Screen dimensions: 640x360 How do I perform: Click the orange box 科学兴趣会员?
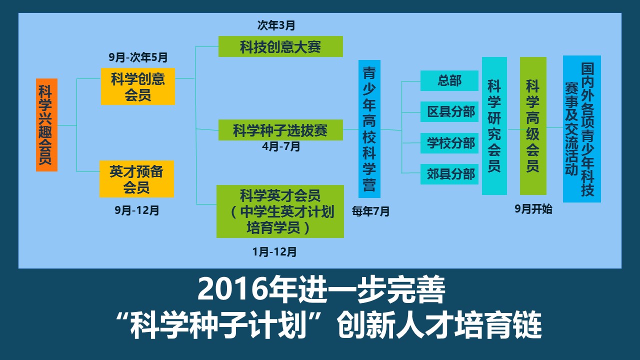click(x=46, y=125)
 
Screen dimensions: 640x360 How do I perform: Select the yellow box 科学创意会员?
click(x=137, y=86)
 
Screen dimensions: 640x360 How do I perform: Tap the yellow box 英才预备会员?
click(x=136, y=179)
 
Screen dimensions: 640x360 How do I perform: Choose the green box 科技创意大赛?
click(x=280, y=46)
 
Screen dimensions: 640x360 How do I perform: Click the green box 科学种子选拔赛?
click(x=280, y=130)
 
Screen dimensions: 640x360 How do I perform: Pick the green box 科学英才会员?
click(x=280, y=211)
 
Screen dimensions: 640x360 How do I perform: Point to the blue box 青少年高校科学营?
click(x=369, y=129)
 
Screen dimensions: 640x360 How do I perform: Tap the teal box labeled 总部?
click(x=449, y=81)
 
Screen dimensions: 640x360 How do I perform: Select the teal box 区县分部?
click(x=449, y=111)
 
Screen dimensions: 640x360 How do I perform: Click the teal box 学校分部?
click(x=449, y=143)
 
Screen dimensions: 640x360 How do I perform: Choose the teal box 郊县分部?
click(x=449, y=174)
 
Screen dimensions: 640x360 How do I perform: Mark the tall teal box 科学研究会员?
click(x=494, y=126)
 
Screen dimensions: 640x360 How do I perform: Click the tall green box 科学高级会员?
click(x=533, y=126)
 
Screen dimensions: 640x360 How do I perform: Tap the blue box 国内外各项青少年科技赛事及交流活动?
click(x=582, y=129)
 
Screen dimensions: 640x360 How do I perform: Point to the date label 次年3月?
click(x=276, y=25)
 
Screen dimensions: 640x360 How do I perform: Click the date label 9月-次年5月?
click(x=138, y=57)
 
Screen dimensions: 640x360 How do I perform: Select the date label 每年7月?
click(x=370, y=211)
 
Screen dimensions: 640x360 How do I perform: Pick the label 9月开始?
click(x=533, y=209)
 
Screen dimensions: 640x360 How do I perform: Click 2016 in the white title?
click(x=233, y=289)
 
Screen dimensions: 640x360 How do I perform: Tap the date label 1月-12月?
click(x=274, y=252)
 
